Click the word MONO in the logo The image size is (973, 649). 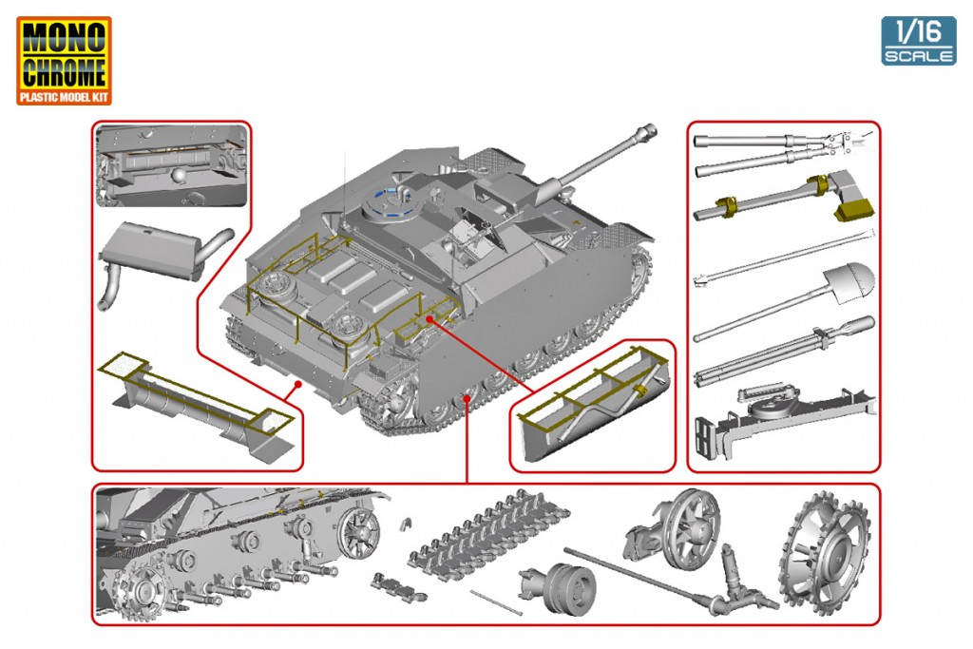[x=64, y=38]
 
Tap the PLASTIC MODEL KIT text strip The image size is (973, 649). [x=64, y=97]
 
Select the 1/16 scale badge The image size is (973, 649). [x=918, y=41]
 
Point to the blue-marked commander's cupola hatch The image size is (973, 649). [x=390, y=201]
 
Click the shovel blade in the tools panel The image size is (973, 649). [x=849, y=277]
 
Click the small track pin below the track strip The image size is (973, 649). [x=496, y=601]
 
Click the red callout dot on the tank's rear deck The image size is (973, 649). [x=429, y=320]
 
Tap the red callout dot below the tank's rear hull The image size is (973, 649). [x=298, y=383]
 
